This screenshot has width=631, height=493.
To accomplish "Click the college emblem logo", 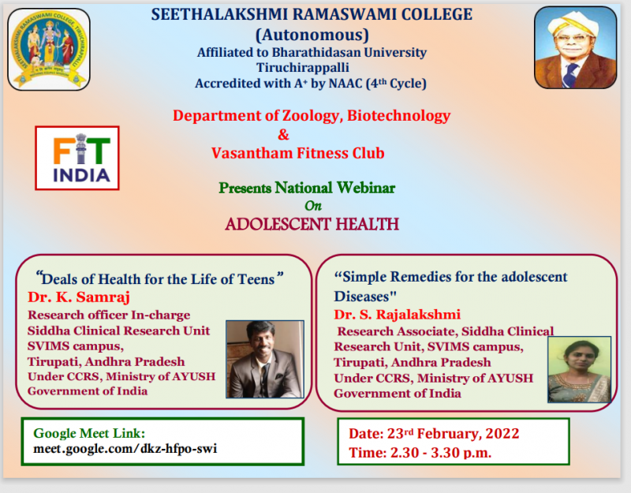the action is coord(49,49).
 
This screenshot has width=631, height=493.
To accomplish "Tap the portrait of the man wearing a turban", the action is coord(576,47).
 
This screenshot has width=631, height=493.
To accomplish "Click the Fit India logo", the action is coord(77,158).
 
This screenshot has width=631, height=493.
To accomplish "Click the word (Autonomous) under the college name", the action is coord(312,35).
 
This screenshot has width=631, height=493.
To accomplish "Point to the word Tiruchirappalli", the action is coord(303,68).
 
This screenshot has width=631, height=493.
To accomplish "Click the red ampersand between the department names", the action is coord(283,134).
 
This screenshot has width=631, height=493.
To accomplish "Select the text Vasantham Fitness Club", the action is coord(298,153).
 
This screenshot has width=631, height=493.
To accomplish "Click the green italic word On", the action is coord(313,206).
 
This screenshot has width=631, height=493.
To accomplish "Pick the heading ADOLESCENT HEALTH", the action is coord(312,224).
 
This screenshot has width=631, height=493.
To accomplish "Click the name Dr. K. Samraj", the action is coord(79,297).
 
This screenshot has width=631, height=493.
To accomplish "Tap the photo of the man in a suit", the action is coord(265,360).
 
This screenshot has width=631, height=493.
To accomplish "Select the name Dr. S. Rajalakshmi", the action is coord(398,314).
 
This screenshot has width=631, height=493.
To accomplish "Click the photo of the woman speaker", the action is coord(579,369).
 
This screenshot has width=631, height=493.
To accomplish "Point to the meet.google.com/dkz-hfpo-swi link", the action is coord(125,448).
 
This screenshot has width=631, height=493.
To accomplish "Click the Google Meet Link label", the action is coord(89,433).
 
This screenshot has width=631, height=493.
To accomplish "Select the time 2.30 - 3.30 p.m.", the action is coord(441,453).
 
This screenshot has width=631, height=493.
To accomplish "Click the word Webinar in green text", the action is coord(366,188).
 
